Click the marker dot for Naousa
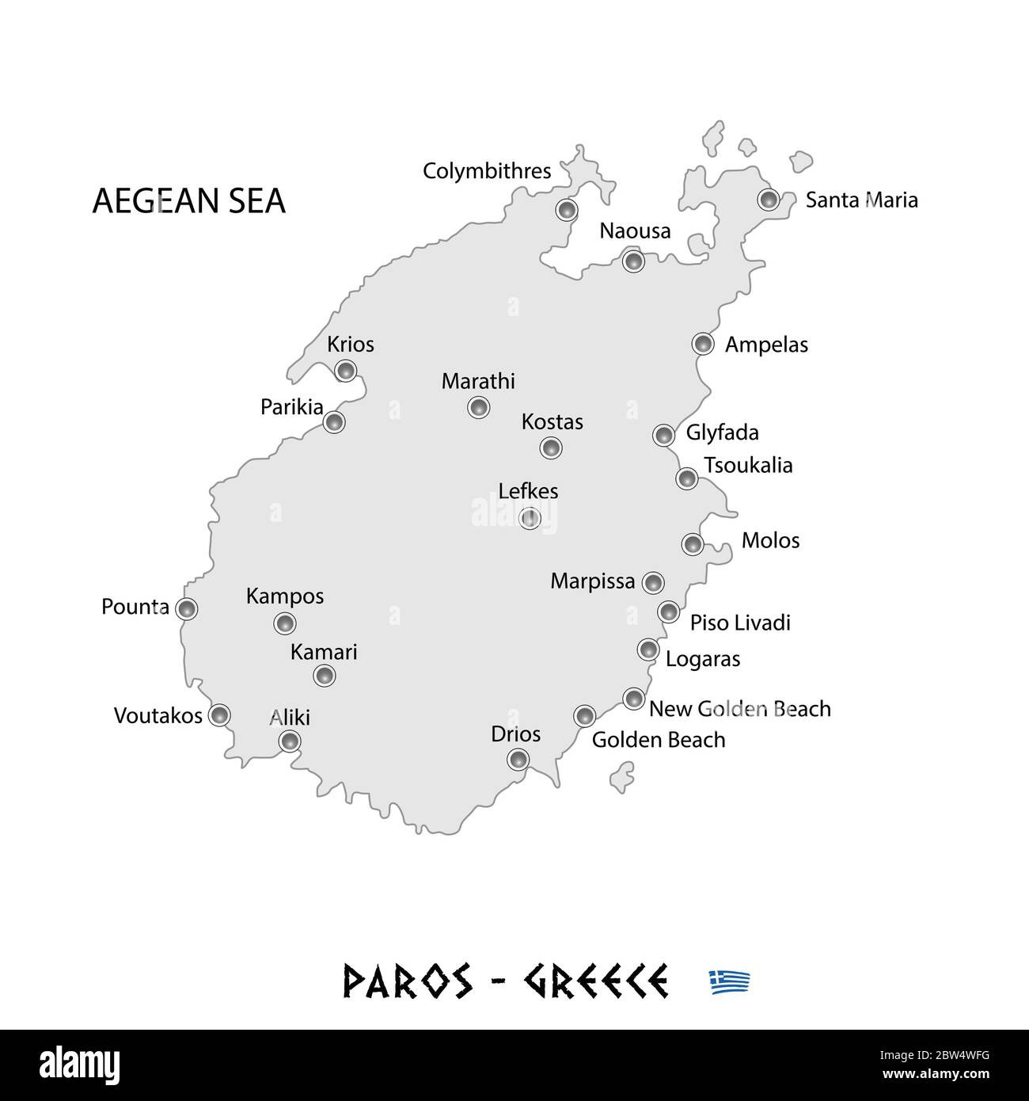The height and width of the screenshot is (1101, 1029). (x=632, y=260)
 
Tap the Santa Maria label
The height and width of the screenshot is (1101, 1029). (x=861, y=200)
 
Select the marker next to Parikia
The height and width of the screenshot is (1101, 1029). (x=334, y=421)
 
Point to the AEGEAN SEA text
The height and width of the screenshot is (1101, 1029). (x=188, y=201)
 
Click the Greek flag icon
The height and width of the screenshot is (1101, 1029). (x=729, y=981)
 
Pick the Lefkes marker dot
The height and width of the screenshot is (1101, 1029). (x=530, y=518)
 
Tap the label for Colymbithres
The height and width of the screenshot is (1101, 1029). (x=487, y=171)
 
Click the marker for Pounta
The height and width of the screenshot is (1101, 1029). (x=186, y=608)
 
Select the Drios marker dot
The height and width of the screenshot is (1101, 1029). (x=518, y=759)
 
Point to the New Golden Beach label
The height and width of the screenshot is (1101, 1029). (x=739, y=708)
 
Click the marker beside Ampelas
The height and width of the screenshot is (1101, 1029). (x=702, y=343)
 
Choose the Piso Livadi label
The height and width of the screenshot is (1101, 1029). (x=740, y=623)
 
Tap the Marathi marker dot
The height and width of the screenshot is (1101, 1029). (x=478, y=407)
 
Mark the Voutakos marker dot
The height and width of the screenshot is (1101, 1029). (x=219, y=714)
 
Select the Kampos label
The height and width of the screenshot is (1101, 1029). (x=285, y=596)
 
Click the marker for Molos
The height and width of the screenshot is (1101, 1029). (x=693, y=543)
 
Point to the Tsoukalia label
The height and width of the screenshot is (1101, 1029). (x=748, y=465)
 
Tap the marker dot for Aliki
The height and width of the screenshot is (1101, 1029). (x=290, y=741)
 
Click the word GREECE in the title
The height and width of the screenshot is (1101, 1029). (x=595, y=981)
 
